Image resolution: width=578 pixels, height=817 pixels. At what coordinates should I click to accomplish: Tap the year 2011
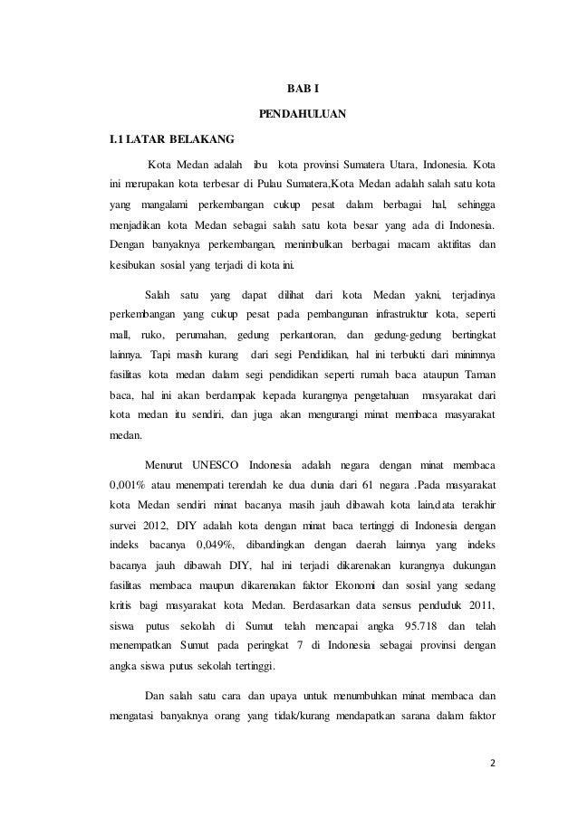(477, 603)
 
